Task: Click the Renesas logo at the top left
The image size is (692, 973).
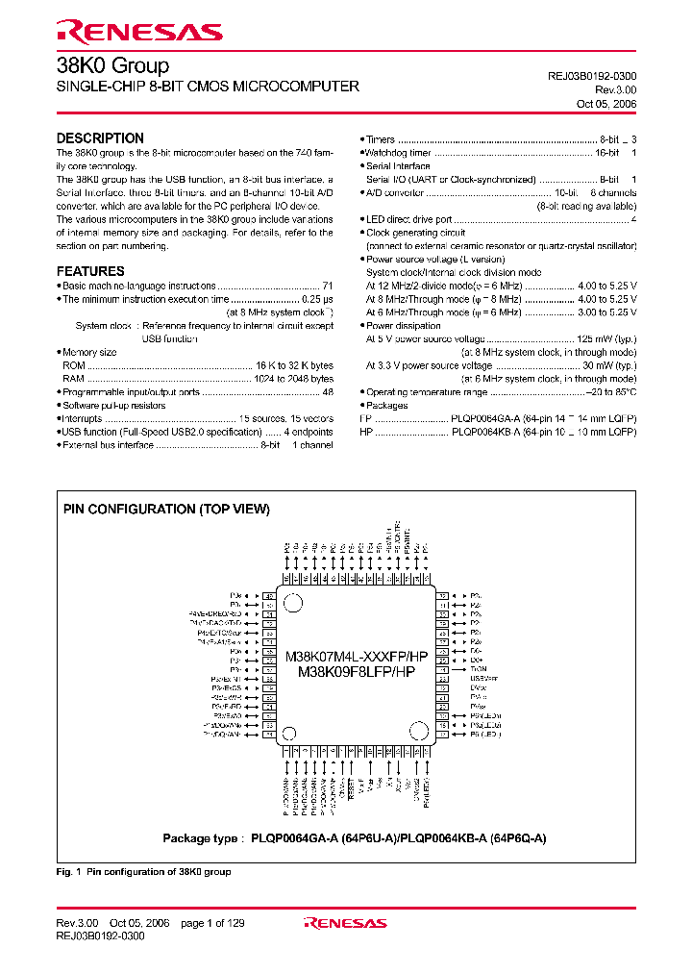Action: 139,34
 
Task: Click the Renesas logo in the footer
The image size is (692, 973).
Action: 345,923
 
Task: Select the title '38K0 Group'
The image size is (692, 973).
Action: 112,66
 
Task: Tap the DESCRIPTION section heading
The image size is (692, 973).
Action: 100,138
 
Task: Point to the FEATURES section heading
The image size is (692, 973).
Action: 90,271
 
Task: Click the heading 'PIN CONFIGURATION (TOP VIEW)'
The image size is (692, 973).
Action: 166,509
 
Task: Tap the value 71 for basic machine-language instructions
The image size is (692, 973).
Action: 328,287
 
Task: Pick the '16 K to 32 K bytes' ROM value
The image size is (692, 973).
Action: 294,366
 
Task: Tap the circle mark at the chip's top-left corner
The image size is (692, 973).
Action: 295,603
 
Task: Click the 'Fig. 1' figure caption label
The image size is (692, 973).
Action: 68,872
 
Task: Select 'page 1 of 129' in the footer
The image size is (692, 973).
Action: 212,923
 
